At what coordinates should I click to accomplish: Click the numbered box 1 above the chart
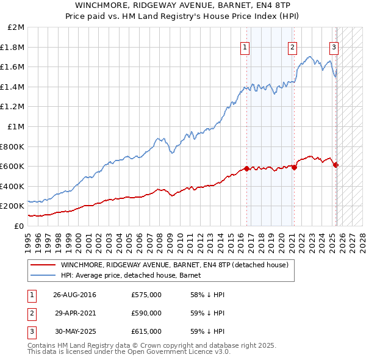click(245, 48)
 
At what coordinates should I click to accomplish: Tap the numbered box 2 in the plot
click(293, 48)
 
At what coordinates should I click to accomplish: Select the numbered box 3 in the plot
click(334, 48)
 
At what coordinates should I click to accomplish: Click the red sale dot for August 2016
click(246, 169)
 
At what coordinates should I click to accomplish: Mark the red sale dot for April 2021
click(294, 167)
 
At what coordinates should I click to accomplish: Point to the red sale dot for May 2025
click(336, 165)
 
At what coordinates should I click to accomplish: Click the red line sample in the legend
click(43, 265)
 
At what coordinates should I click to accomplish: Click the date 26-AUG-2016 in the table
click(74, 295)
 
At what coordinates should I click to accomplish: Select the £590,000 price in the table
click(146, 314)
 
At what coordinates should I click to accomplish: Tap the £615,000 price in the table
click(146, 331)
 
